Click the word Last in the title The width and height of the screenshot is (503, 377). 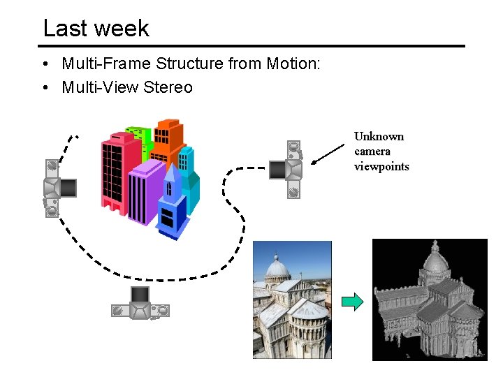click(61, 28)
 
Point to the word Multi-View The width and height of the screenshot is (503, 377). click(102, 87)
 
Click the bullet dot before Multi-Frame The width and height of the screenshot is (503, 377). click(44, 65)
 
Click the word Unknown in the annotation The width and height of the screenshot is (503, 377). click(379, 137)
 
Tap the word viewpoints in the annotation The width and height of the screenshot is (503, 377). click(381, 166)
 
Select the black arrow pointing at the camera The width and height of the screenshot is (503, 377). click(330, 155)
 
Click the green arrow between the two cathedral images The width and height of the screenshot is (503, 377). click(353, 302)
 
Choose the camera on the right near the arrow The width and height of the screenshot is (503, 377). click(287, 169)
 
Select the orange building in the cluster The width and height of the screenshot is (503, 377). click(168, 140)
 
